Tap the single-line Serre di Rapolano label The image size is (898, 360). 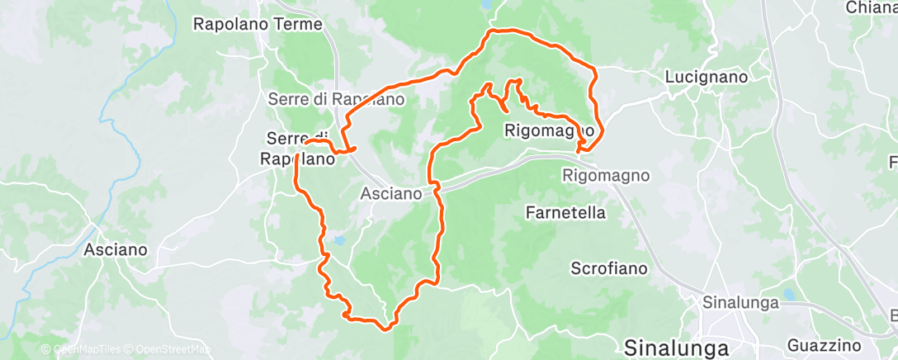click(336, 99)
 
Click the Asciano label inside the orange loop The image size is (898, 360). click(392, 194)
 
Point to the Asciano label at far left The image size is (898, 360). click(116, 249)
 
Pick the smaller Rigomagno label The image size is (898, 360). click(607, 175)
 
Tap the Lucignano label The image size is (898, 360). click(707, 77)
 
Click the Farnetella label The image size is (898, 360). click(565, 212)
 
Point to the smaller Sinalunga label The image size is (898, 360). click(740, 301)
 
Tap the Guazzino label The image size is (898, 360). click(825, 344)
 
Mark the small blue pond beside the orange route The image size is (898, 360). click(338, 242)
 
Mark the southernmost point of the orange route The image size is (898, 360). click(385, 328)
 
